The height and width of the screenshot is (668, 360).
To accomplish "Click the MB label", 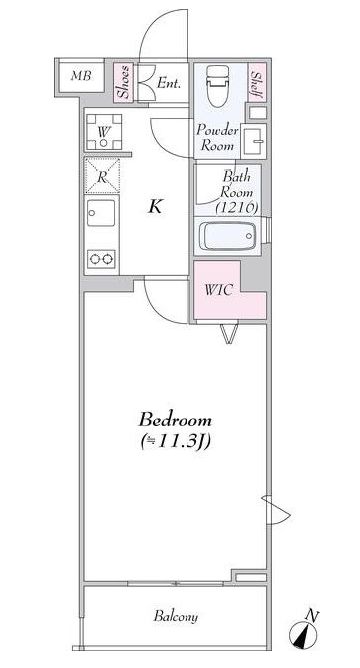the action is [81, 77].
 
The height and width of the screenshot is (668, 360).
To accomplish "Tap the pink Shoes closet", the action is [124, 83].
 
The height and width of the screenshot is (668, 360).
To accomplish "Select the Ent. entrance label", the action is [169, 83].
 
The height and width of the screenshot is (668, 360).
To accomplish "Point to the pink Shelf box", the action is [257, 83].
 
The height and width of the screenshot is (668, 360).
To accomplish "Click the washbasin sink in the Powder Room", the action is [253, 141].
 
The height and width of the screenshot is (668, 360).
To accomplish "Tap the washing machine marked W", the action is [104, 132].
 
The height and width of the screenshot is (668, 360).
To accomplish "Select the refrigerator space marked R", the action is [102, 176].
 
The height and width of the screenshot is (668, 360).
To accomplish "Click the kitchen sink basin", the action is [101, 213].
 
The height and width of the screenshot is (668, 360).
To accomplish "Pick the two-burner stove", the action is [101, 259].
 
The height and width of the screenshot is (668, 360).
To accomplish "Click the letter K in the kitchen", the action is [155, 207].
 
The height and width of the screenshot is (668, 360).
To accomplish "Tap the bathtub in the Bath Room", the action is [228, 236].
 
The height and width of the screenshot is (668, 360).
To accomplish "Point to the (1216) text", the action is [237, 208].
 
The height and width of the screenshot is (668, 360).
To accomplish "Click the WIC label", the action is [219, 290].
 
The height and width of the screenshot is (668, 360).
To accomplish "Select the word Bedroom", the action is [175, 420].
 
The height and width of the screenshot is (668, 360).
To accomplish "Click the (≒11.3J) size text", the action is [176, 442].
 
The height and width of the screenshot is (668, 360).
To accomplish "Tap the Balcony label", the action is [176, 616].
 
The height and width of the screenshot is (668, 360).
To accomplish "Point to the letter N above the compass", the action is [313, 615].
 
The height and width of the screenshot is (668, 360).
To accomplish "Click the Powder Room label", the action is [217, 138].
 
